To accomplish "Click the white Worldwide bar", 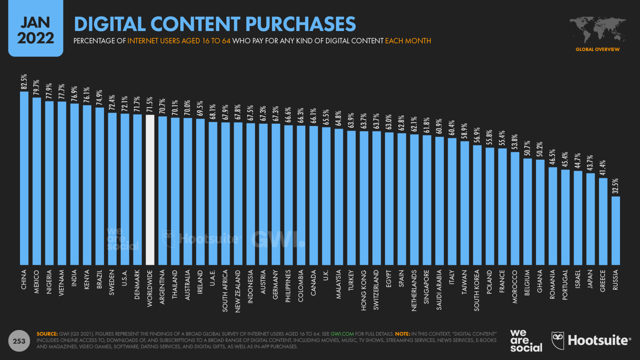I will point(150,190).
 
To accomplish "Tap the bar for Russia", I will point(616,230).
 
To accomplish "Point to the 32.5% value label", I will point(615,186).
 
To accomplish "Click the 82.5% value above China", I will point(24,82).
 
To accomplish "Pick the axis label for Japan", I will point(591,279).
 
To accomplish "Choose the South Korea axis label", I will point(477,290).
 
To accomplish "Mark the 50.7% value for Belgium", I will point(527,148).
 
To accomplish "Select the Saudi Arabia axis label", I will point(439,290).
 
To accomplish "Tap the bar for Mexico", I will point(37,181).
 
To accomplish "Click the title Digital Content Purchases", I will point(215,24).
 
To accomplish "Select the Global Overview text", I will point(597,49).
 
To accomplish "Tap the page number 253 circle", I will point(19,341).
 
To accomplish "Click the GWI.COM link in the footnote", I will point(342,334).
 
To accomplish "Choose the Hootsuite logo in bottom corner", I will point(591,341).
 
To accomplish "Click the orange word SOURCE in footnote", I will point(47,334).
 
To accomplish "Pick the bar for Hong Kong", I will point(364,198).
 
